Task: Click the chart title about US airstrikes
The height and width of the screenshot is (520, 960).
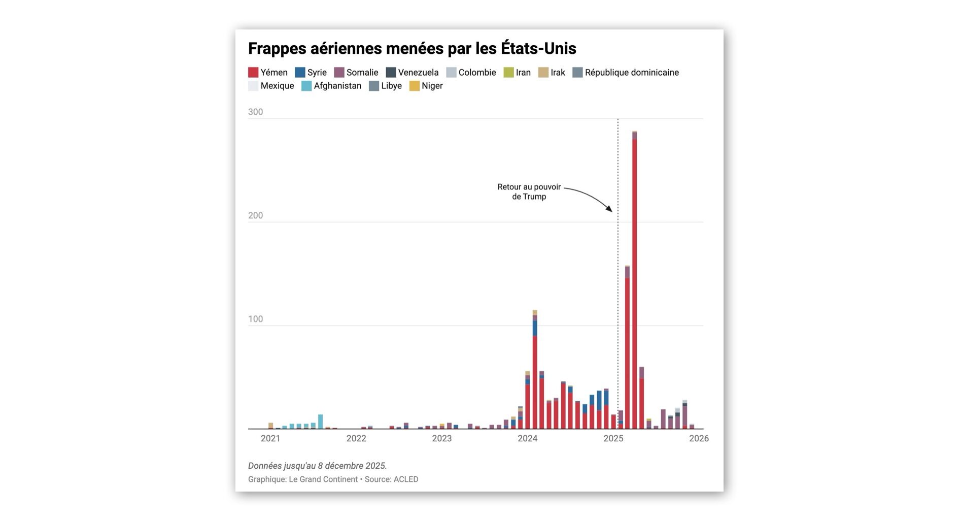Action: pyautogui.click(x=412, y=49)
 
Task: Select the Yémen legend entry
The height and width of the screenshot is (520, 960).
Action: pyautogui.click(x=268, y=73)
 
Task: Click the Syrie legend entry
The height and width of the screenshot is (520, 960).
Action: pyautogui.click(x=311, y=73)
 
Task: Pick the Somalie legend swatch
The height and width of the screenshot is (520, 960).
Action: pyautogui.click(x=339, y=73)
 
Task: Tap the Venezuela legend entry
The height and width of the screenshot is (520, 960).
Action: pyautogui.click(x=412, y=73)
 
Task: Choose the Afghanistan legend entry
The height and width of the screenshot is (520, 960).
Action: pyautogui.click(x=331, y=86)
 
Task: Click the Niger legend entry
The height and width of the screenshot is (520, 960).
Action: pyautogui.click(x=426, y=86)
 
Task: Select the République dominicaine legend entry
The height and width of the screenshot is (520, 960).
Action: pyautogui.click(x=626, y=73)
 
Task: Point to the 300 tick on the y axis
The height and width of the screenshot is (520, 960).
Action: pyautogui.click(x=255, y=112)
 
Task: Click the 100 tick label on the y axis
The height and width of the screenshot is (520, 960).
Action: pyautogui.click(x=255, y=319)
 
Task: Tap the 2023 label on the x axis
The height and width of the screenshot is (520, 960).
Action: pyautogui.click(x=441, y=439)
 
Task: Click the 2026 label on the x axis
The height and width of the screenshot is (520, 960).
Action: pyautogui.click(x=699, y=439)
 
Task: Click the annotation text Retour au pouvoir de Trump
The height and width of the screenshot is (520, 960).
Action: pyautogui.click(x=529, y=192)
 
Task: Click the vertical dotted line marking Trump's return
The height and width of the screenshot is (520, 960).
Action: pyautogui.click(x=618, y=305)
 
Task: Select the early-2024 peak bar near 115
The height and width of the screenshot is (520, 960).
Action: pyautogui.click(x=535, y=371)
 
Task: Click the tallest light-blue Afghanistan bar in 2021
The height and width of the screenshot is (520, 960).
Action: pyautogui.click(x=320, y=422)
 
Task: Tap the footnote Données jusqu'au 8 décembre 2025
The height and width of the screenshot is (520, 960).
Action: pyautogui.click(x=317, y=466)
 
